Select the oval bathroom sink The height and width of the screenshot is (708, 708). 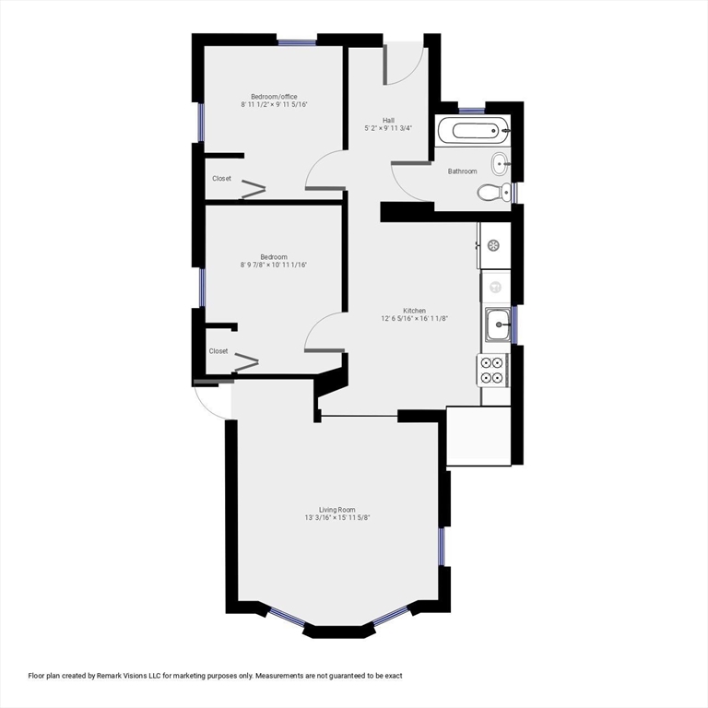[500, 164]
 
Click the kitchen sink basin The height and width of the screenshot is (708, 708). [498, 324]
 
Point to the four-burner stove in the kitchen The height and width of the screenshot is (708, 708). [492, 369]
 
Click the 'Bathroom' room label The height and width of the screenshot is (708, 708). [463, 171]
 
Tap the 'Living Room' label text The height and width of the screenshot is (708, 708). [336, 510]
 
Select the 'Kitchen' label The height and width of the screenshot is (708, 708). [414, 311]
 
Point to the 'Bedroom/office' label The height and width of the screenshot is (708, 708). [274, 97]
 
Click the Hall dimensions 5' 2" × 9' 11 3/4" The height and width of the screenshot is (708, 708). [388, 128]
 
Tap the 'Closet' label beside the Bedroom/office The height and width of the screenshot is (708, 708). [221, 179]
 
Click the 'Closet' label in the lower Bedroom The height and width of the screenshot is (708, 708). [218, 351]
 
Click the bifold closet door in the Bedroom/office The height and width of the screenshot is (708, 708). [253, 192]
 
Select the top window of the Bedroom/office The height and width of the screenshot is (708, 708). [297, 41]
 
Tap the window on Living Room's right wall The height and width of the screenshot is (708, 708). [442, 546]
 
